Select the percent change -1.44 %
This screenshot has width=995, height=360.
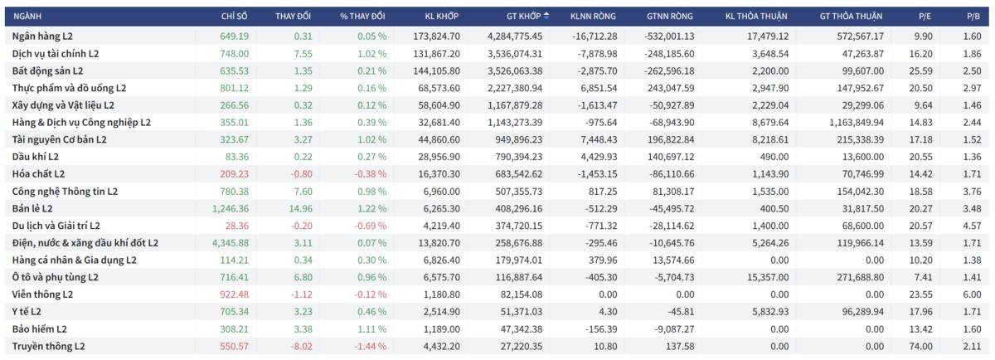(369, 346)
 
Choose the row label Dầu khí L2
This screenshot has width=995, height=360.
(36, 157)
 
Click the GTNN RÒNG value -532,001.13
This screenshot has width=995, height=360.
(663, 36)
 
